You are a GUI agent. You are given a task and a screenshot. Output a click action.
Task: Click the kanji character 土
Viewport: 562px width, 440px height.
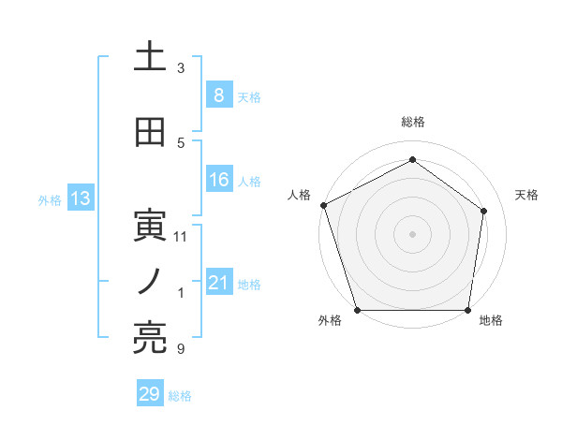[149, 56]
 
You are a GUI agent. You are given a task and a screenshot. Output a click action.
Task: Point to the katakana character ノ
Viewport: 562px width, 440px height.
[149, 281]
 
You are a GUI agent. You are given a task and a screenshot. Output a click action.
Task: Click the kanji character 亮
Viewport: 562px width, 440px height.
[149, 338]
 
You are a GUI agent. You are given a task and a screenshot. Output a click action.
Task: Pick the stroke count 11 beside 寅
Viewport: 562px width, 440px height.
[181, 237]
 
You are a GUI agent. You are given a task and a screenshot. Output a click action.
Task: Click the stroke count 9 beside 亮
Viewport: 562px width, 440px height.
[181, 349]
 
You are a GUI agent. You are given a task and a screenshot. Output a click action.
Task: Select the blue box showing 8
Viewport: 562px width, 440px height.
[218, 95]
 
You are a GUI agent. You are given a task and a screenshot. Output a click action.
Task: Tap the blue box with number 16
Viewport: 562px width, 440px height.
[218, 180]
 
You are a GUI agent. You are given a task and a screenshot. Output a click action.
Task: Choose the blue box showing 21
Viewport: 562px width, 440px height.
[218, 282]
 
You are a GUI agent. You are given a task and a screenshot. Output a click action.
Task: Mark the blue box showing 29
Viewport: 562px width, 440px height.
[149, 394]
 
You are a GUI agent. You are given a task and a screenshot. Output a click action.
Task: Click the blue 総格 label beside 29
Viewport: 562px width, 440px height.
[180, 396]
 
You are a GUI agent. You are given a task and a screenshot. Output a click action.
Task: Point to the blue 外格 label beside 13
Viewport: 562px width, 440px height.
[50, 199]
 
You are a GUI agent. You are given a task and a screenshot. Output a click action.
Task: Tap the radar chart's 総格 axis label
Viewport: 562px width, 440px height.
[413, 122]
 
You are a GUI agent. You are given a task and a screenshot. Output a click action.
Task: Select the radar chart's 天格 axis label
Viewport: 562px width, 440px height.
[527, 195]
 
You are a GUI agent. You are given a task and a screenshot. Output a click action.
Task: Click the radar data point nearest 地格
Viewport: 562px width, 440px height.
[468, 310]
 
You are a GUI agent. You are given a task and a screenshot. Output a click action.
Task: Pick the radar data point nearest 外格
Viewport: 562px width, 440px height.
[358, 310]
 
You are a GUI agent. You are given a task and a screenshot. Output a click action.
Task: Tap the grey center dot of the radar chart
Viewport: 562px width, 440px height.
[413, 234]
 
